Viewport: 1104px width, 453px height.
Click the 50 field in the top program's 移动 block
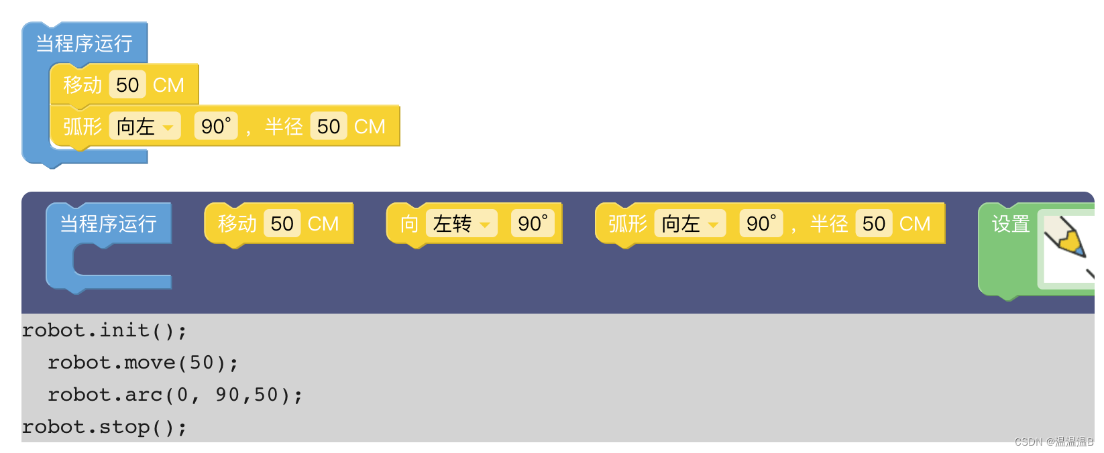pyautogui.click(x=127, y=85)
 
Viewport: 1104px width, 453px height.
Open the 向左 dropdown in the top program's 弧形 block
pyautogui.click(x=145, y=126)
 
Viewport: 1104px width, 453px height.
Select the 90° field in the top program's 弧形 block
pyautogui.click(x=216, y=126)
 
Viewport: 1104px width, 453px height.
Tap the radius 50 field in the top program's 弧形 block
pyautogui.click(x=329, y=126)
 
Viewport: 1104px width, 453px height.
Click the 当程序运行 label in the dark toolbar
pyautogui.click(x=108, y=223)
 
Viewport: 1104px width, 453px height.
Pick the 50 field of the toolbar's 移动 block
pyautogui.click(x=282, y=223)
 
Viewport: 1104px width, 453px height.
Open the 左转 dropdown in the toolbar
pyautogui.click(x=461, y=223)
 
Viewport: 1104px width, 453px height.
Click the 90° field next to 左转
pyautogui.click(x=533, y=223)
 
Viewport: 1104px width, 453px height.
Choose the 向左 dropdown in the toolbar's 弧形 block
pyautogui.click(x=690, y=223)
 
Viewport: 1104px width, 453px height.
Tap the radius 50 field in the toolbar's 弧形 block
pyautogui.click(x=874, y=223)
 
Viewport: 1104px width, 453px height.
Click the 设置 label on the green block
pyautogui.click(x=1010, y=224)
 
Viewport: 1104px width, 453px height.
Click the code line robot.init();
pyautogui.click(x=104, y=330)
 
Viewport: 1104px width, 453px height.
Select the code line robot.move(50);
pyautogui.click(x=143, y=363)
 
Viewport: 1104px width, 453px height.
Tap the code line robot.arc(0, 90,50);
pyautogui.click(x=174, y=395)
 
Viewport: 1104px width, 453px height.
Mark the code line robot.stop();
pyautogui.click(x=104, y=427)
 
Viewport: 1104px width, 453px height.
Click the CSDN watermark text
pyautogui.click(x=1053, y=442)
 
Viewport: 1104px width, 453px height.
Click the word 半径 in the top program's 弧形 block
pyautogui.click(x=284, y=126)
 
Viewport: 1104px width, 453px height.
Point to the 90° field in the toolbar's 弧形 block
pyautogui.click(x=761, y=223)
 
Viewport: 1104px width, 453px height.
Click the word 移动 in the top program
pyautogui.click(x=82, y=85)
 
